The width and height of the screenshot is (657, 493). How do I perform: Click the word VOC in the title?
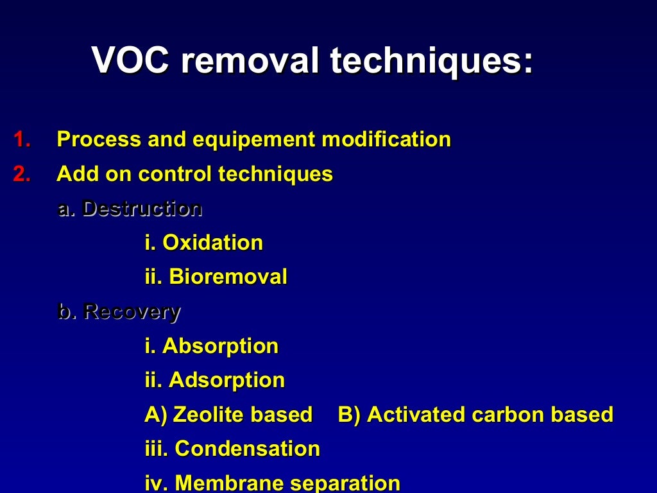(131, 62)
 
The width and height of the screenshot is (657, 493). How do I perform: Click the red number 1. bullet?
(22, 139)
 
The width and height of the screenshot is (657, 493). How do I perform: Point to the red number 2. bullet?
(22, 174)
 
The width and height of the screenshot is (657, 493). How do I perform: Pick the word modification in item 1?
(386, 139)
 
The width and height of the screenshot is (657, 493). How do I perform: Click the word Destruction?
(142, 209)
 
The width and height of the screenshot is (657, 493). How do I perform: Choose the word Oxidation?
(212, 243)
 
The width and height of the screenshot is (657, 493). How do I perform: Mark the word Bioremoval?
(228, 277)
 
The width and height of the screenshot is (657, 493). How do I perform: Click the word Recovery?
(132, 312)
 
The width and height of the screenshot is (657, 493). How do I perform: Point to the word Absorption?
(220, 346)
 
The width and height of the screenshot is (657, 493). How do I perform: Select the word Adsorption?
(226, 381)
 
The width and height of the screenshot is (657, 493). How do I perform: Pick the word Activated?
(416, 415)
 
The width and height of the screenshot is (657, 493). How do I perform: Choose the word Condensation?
(247, 449)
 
